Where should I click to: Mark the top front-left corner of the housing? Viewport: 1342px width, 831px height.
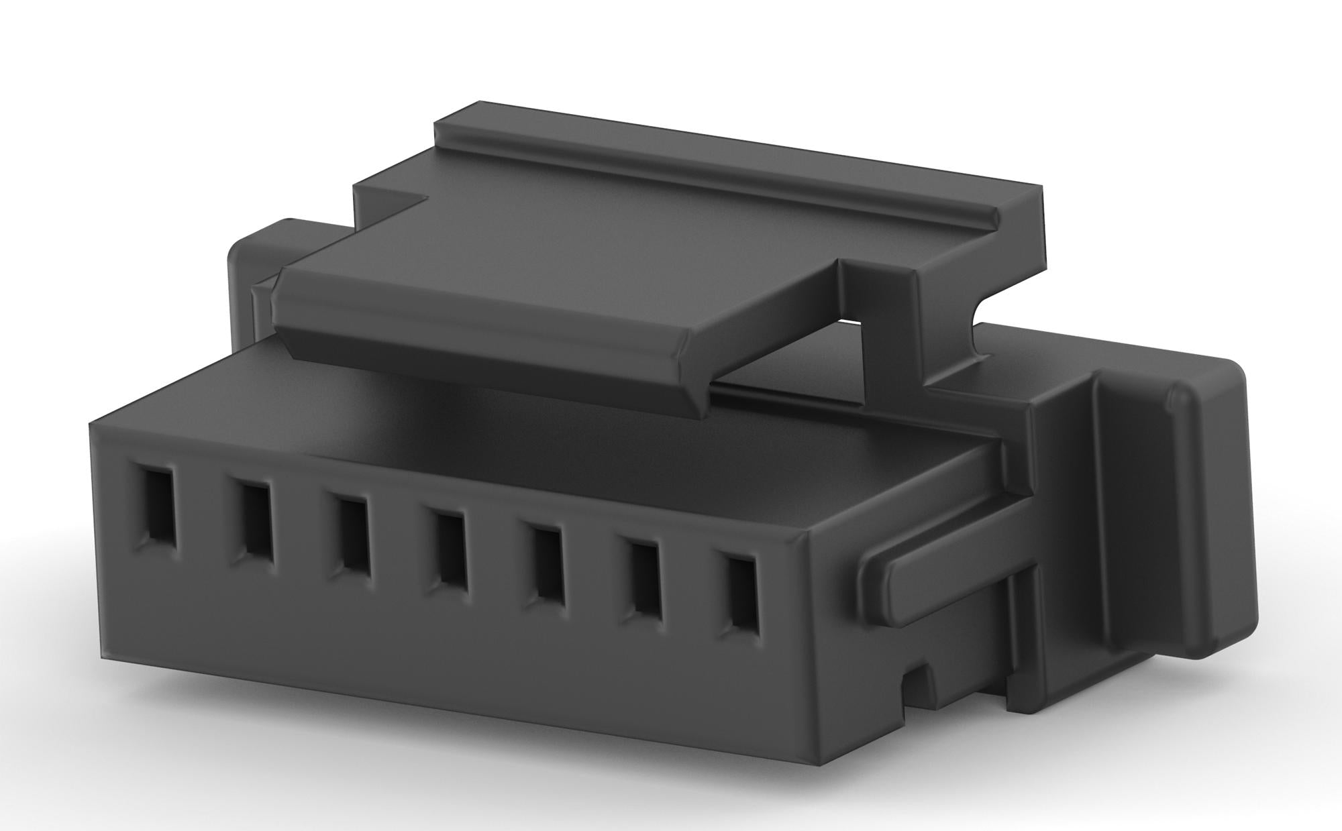[92, 423]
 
